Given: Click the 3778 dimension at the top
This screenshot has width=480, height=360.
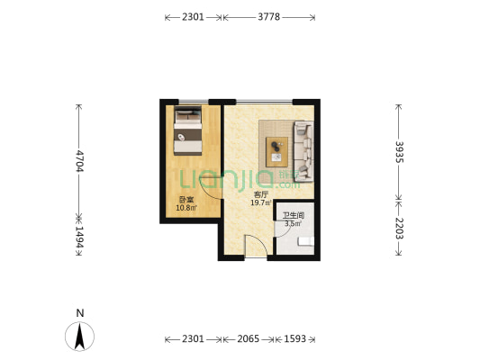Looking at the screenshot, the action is click(x=268, y=17).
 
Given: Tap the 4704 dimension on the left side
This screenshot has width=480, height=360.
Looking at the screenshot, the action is click(x=79, y=161).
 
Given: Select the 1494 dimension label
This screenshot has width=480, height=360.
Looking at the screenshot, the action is click(x=79, y=237).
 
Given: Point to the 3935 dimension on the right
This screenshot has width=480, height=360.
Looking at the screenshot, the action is click(x=399, y=152).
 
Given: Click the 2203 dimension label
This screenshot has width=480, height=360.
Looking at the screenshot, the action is click(x=399, y=229).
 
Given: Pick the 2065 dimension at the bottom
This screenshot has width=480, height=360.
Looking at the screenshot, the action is click(x=249, y=339).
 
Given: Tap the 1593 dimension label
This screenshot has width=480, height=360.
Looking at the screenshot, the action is click(x=294, y=339).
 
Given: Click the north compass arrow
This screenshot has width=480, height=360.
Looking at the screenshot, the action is click(x=79, y=337).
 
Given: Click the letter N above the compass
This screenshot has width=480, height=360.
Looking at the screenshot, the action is click(x=80, y=313).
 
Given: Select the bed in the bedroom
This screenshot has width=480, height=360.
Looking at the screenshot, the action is click(x=188, y=130).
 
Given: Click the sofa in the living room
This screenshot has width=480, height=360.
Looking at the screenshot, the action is click(x=303, y=151).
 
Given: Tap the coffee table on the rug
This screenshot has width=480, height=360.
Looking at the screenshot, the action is click(x=276, y=152).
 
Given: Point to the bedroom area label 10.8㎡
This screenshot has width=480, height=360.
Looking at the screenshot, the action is click(x=186, y=208).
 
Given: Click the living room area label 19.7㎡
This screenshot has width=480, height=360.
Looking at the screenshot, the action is click(x=261, y=202).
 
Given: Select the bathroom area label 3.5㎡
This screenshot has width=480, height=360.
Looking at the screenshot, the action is click(x=293, y=223).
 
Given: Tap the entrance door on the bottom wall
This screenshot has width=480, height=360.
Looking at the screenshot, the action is click(x=256, y=246).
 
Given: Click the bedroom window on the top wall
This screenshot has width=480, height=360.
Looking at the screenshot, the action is click(x=194, y=102).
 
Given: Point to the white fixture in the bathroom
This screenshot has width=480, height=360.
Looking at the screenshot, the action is click(x=306, y=241).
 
